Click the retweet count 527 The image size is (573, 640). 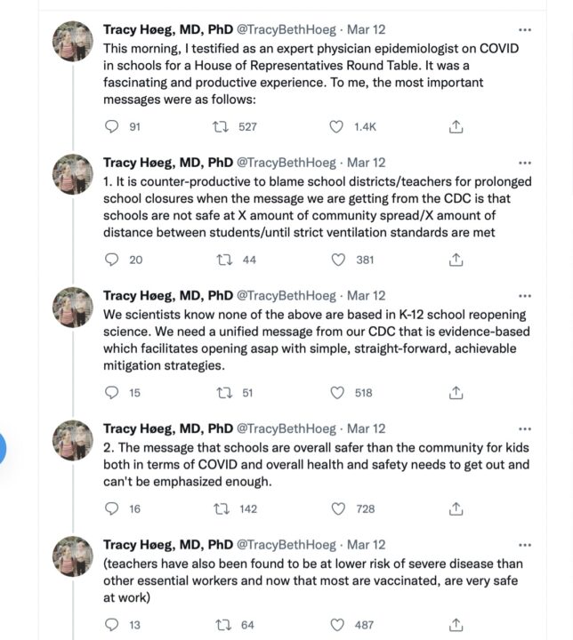[x=247, y=127]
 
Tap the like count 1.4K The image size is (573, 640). [x=365, y=127]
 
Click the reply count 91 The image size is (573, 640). [x=135, y=127]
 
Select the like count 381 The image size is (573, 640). [x=365, y=260]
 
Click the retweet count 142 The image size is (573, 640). [x=247, y=508]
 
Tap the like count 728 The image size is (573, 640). [x=365, y=508]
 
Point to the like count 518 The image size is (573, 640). [x=365, y=392]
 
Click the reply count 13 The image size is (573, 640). [x=135, y=625]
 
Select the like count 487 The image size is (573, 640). [x=365, y=625]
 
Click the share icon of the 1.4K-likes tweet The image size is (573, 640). [x=456, y=127]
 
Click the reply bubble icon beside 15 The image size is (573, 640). [x=111, y=392]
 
